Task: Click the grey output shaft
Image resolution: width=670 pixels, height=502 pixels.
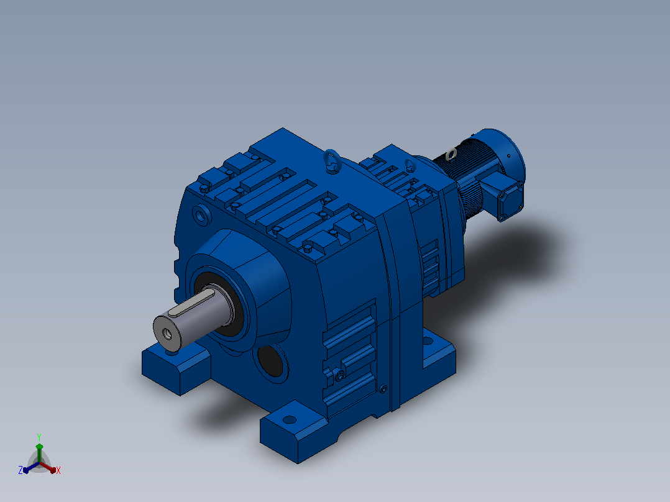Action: click(192, 316)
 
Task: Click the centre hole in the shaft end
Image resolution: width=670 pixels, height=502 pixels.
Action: click(166, 334)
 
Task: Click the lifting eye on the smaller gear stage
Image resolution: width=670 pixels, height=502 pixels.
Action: click(410, 165)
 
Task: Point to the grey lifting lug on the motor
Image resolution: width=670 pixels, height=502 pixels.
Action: click(451, 154)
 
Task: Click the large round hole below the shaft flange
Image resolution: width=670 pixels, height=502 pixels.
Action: click(271, 360)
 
